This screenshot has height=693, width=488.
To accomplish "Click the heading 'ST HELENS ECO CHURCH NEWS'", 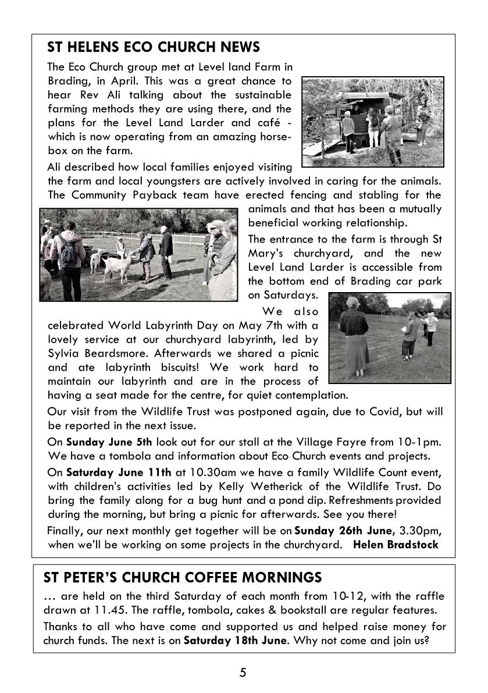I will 154,47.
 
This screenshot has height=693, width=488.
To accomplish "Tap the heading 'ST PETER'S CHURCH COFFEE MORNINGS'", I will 182,577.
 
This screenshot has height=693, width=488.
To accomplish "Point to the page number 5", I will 243,673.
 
